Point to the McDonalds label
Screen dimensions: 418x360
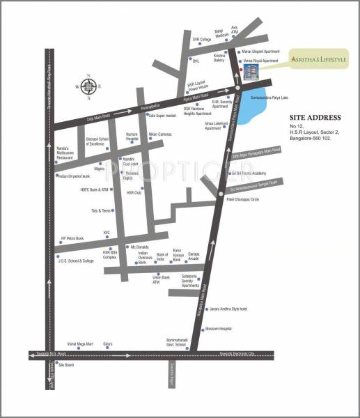coord(140,247)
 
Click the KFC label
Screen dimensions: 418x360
coord(107,233)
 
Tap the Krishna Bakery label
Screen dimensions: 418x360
coord(219,57)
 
